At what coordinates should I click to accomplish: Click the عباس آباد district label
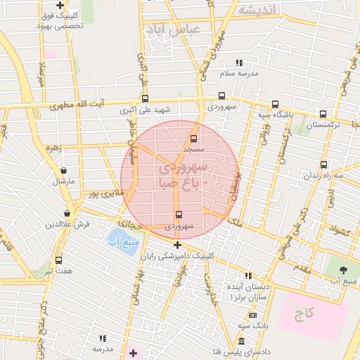click(x=172, y=30)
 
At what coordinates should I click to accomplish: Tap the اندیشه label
click(x=257, y=9)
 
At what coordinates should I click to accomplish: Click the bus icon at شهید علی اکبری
click(x=146, y=99)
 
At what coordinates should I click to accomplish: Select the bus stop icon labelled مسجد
click(x=194, y=139)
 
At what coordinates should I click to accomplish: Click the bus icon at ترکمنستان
click(x=323, y=114)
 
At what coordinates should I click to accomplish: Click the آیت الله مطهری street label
click(x=77, y=106)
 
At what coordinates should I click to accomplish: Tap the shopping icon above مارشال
click(x=64, y=170)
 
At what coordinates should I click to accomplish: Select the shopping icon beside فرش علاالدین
click(x=67, y=213)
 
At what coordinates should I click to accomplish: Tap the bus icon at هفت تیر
click(x=58, y=260)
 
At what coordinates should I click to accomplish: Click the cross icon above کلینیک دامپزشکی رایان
click(x=177, y=245)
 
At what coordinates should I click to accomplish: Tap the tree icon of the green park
click(x=344, y=269)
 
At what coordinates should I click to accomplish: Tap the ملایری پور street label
click(x=103, y=192)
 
